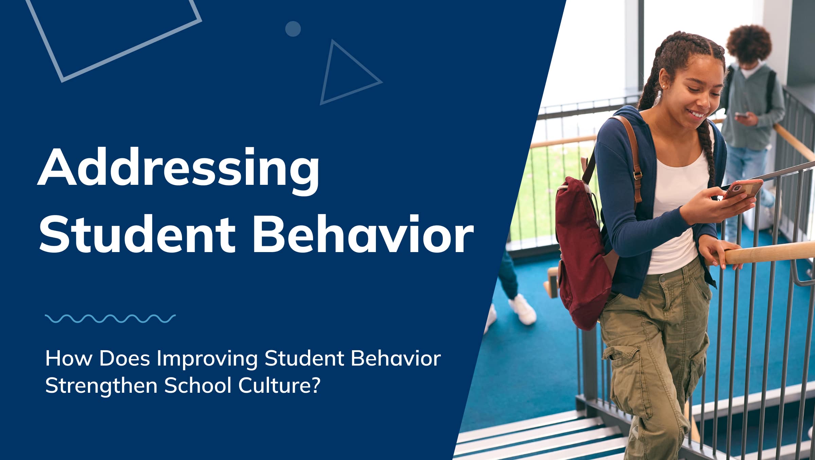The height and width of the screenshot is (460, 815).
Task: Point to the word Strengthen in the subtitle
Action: [x=101, y=386]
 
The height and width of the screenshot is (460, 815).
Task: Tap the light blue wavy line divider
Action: [x=110, y=318]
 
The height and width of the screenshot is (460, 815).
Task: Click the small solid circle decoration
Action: [x=293, y=29]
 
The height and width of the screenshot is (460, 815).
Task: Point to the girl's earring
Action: [x=663, y=87]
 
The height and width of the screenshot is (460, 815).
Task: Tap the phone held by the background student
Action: [x=741, y=115]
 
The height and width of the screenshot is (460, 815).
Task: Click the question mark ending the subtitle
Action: [x=315, y=385]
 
